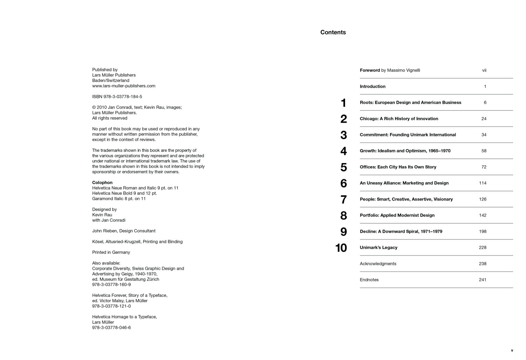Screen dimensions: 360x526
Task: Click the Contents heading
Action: point(333,32)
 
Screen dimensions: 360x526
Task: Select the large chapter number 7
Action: point(343,199)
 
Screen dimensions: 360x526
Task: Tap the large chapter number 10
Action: point(341,248)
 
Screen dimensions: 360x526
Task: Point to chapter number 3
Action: point(343,135)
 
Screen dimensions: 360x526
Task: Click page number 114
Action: point(483,183)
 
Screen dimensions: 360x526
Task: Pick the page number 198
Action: point(483,231)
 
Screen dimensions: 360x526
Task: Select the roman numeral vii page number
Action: point(484,70)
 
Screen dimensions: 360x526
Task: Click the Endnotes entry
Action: point(369,280)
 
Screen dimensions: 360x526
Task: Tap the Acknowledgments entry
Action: point(378,264)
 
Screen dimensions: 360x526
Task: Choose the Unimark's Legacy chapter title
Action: point(378,247)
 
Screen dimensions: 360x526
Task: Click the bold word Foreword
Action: point(370,70)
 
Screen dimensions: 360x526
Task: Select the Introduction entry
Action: point(372,86)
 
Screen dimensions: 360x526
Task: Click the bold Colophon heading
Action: point(102,183)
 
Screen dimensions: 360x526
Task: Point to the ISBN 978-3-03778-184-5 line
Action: point(117,96)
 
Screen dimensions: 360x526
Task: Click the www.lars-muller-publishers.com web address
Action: point(123,86)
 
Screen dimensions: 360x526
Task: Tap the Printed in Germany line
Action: point(111,252)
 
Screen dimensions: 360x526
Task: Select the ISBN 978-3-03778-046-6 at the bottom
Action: point(111,328)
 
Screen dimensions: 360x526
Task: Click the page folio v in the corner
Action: point(512,350)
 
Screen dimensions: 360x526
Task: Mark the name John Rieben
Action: point(104,231)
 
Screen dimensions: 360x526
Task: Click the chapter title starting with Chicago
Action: point(399,118)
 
